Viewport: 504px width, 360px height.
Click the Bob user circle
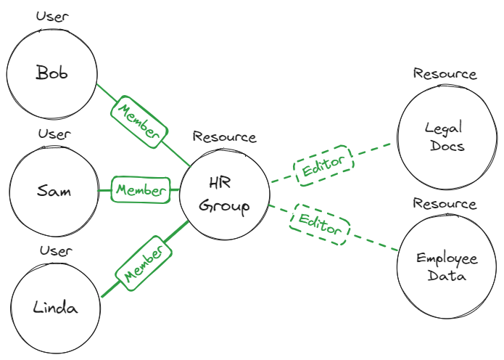point(51,73)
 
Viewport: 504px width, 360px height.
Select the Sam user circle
point(53,191)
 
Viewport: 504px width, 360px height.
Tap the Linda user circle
point(55,307)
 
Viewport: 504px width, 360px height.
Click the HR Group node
point(224,194)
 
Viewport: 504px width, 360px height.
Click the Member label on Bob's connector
point(139,121)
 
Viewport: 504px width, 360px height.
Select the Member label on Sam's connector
point(140,190)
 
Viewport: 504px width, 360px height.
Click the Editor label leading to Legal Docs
point(323,167)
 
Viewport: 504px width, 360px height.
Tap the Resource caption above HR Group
point(224,136)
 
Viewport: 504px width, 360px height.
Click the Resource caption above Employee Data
point(445,203)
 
